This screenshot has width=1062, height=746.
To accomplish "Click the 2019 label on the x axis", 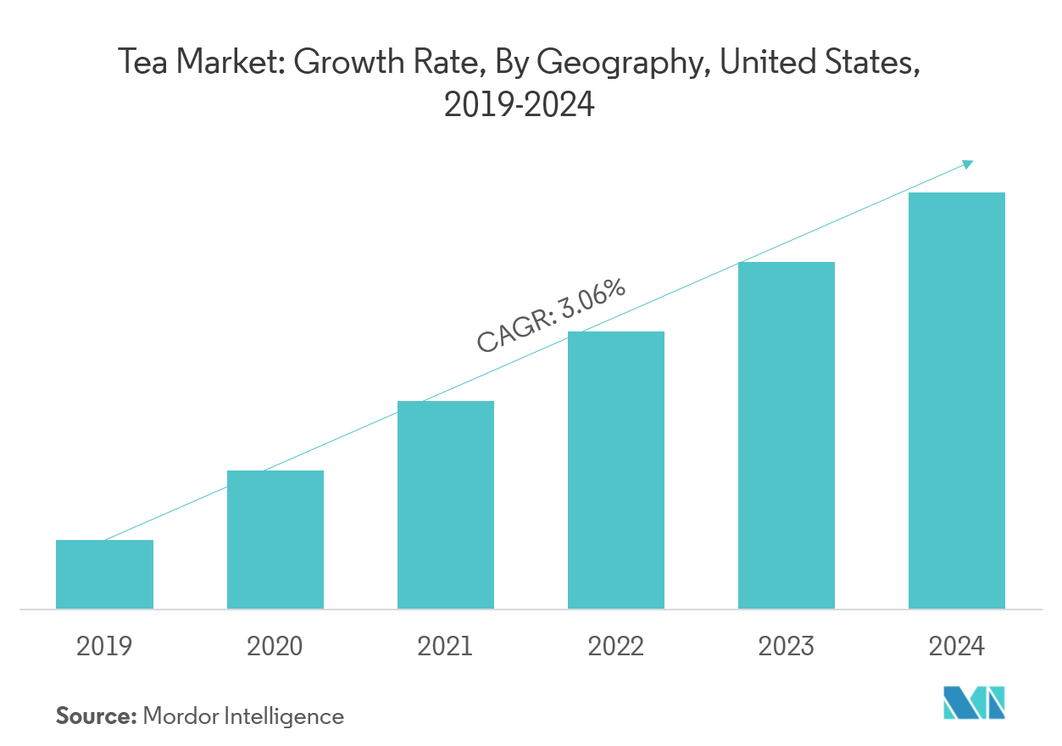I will point(104,647).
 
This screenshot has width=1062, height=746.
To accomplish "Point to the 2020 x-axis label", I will point(275,647).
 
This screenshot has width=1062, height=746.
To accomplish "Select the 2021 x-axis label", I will point(445,647).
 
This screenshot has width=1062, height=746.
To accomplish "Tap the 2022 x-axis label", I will point(616,647).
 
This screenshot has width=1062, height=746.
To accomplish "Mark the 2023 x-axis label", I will point(787,647).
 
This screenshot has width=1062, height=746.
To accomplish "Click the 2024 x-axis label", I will point(957,647).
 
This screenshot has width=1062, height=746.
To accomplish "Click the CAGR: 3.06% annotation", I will point(551,315).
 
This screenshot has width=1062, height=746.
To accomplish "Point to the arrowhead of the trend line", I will point(969,163).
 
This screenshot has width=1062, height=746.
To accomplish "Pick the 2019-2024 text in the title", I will point(519,106).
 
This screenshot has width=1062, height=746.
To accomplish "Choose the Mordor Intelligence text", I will point(244,716).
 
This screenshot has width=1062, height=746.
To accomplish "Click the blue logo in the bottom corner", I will point(975,703).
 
